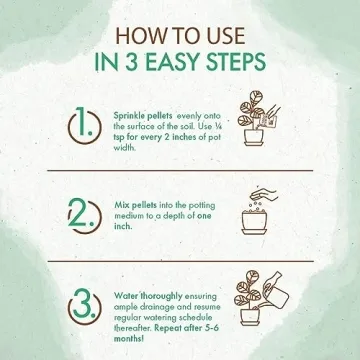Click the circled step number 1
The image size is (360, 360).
coord(84,125)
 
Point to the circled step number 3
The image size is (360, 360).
coord(84,305)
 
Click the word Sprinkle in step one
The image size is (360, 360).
coord(127,116)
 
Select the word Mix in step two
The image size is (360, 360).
coord(121,205)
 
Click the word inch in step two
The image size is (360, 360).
coord(122,226)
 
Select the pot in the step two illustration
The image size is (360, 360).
coord(254,222)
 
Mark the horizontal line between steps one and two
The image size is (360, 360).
coord(180,171)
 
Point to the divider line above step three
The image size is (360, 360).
coord(180,261)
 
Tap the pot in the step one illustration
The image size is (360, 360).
coord(254,137)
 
